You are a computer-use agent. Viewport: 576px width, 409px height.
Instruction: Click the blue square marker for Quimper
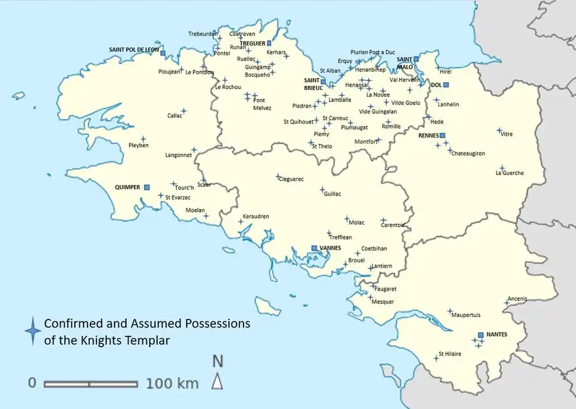click(x=146, y=187)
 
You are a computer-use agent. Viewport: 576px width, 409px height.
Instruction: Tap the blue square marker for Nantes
click(x=481, y=335)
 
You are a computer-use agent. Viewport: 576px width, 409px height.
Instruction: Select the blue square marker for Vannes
click(x=314, y=248)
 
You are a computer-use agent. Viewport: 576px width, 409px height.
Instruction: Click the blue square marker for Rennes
click(x=443, y=136)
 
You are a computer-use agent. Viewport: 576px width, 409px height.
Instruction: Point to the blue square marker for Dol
click(x=445, y=85)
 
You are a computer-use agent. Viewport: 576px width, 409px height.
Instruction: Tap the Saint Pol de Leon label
click(x=134, y=50)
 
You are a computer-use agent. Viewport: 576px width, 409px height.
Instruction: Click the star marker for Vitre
click(x=499, y=130)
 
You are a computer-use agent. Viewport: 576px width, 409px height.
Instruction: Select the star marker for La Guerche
click(x=502, y=168)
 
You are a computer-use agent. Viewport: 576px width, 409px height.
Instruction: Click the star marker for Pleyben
click(x=143, y=139)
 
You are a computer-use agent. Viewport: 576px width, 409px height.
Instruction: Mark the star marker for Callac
click(x=184, y=111)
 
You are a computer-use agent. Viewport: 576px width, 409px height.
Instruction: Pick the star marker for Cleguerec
click(x=278, y=176)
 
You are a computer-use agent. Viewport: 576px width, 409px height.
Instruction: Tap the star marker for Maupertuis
click(x=449, y=311)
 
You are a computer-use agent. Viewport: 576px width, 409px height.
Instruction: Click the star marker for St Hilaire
click(x=436, y=358)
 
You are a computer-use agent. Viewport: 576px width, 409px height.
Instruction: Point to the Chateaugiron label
click(x=468, y=154)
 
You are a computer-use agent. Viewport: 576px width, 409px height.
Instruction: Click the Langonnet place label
click(x=178, y=155)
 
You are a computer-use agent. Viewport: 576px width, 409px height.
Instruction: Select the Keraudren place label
click(x=256, y=216)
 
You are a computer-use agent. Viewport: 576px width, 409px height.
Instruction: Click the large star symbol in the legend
click(x=32, y=331)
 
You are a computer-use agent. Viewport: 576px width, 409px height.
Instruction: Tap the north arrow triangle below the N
click(x=217, y=381)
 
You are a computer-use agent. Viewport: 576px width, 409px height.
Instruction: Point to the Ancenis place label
click(x=517, y=298)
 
